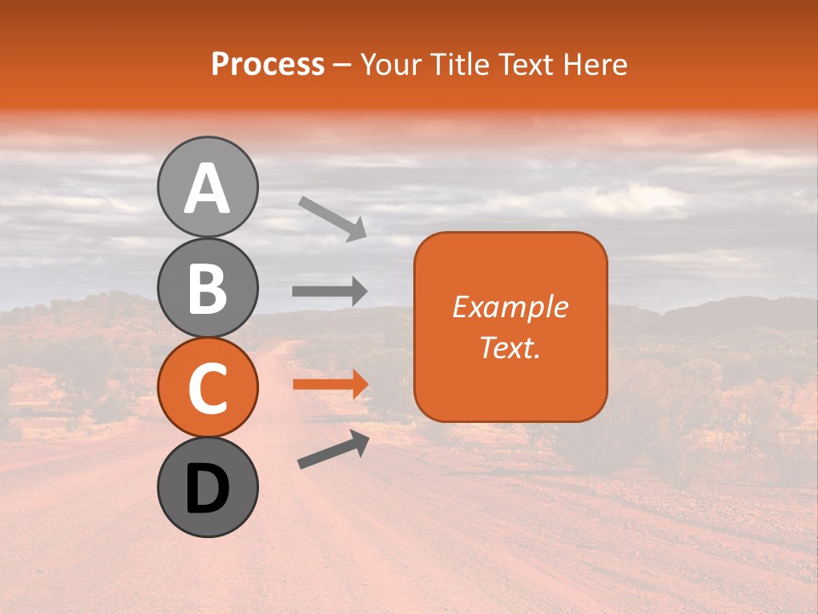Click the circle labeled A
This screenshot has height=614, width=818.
tap(207, 188)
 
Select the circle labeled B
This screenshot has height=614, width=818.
tap(207, 287)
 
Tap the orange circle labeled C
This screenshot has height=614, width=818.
tap(207, 387)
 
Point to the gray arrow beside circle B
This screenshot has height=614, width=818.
tap(329, 291)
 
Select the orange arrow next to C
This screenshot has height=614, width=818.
tap(329, 384)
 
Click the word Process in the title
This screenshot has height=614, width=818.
tap(268, 64)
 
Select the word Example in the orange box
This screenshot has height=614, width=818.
tap(510, 307)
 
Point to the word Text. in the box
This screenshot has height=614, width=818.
tap(510, 347)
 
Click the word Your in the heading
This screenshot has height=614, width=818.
tap(389, 64)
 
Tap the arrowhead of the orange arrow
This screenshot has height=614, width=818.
tap(360, 384)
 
